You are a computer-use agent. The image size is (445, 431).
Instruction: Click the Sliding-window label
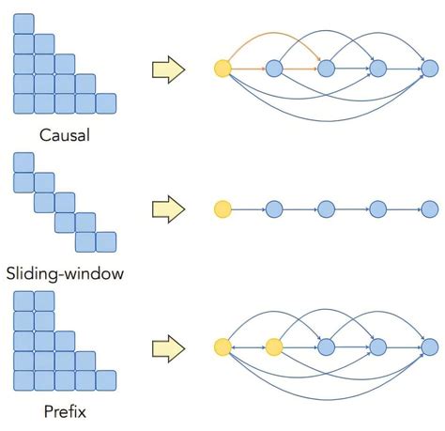(x=64, y=274)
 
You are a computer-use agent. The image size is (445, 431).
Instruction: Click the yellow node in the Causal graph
(x=222, y=68)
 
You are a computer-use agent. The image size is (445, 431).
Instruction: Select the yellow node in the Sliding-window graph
(x=222, y=208)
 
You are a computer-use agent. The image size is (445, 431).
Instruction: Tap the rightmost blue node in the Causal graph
(x=429, y=68)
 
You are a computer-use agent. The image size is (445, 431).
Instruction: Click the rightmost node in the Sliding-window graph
(x=429, y=208)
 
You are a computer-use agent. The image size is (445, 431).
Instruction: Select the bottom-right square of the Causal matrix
(x=105, y=103)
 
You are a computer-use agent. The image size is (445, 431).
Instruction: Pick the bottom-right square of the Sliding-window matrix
(x=105, y=242)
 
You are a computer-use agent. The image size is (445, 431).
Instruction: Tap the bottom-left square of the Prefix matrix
(x=23, y=380)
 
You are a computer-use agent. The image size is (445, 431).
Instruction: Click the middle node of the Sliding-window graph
(x=326, y=208)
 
